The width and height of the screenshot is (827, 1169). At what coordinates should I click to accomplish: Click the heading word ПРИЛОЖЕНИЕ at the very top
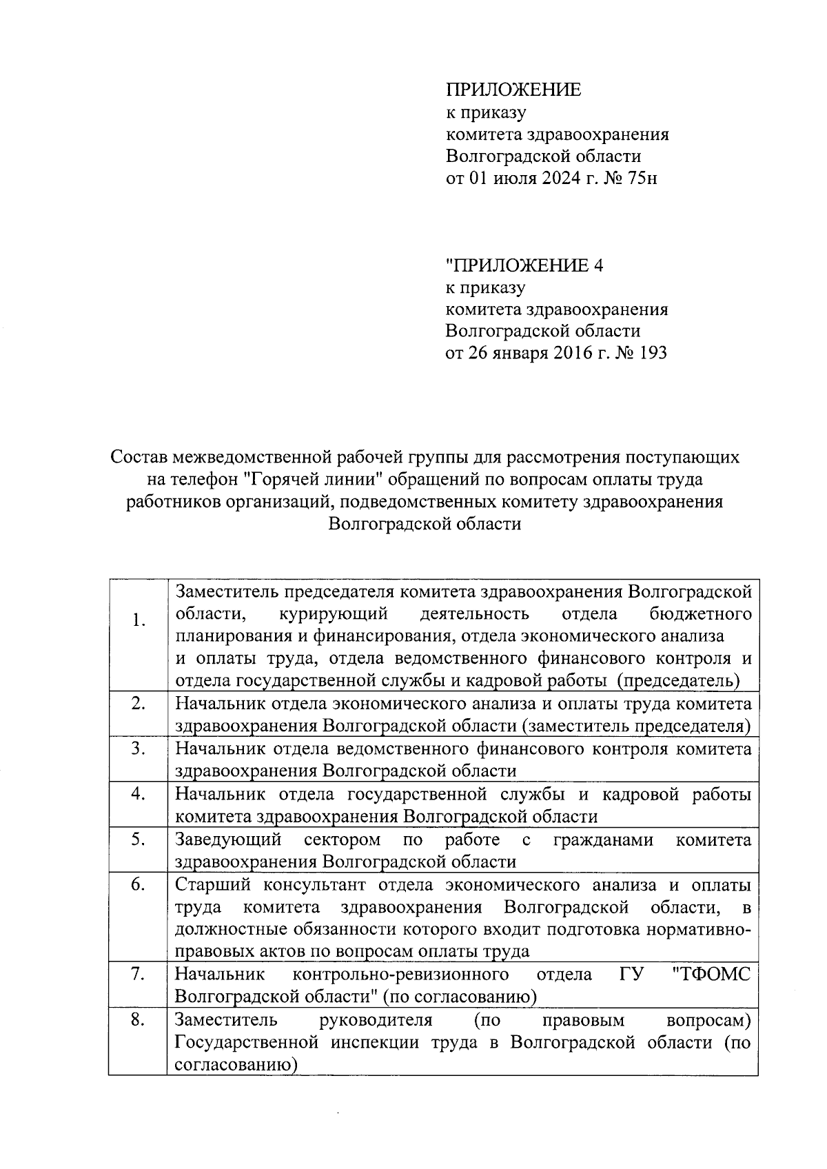coord(513,90)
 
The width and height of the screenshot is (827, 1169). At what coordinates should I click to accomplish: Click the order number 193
coord(652,354)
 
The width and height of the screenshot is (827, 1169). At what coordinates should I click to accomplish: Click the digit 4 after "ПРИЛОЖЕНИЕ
coord(598,265)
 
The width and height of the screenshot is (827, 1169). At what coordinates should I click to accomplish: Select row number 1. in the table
coord(139,620)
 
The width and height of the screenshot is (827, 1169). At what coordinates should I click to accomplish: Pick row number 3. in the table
coord(139,749)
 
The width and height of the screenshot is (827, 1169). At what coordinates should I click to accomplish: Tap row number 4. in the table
coord(139,794)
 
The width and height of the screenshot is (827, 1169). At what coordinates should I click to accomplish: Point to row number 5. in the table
coord(139,840)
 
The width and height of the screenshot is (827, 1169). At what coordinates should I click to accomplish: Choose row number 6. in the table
coord(139,885)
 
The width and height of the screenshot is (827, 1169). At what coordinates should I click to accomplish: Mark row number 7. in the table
coord(139,974)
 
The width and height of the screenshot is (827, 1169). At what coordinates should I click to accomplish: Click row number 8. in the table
coord(139,1019)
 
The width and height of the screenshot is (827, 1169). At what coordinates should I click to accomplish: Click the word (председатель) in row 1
coord(678,681)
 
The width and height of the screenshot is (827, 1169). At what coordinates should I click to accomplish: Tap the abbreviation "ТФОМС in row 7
coord(711,974)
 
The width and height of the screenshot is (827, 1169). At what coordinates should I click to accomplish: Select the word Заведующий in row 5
coord(229,840)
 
